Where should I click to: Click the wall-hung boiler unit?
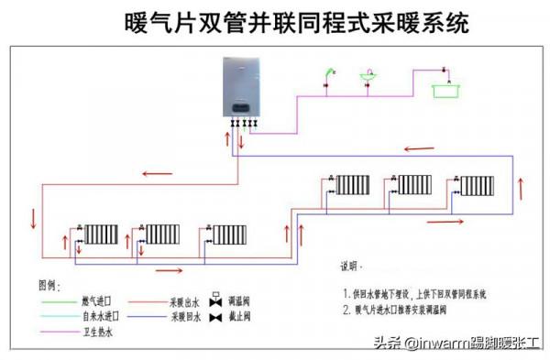coord(242,87)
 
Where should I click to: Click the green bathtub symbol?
coord(445,89)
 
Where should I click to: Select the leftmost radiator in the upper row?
coord(353,186)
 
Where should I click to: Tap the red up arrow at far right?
coord(522,188)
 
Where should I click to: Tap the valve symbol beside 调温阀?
coord(215,300)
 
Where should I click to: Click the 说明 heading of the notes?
coord(352,267)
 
